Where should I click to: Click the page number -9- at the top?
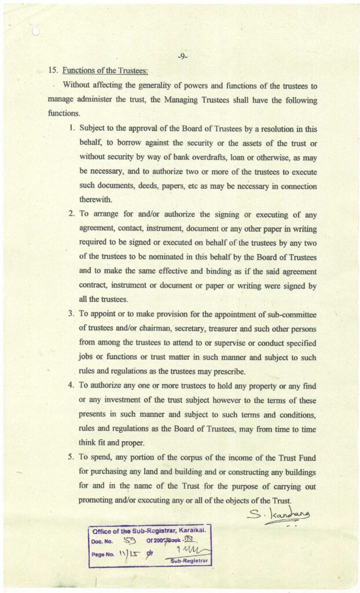click(182, 56)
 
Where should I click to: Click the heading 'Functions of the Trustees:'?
click(105, 71)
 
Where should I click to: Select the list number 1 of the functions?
click(72, 127)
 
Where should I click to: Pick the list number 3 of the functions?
click(71, 314)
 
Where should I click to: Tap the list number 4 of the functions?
click(71, 385)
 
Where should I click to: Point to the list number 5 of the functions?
click(71, 459)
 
